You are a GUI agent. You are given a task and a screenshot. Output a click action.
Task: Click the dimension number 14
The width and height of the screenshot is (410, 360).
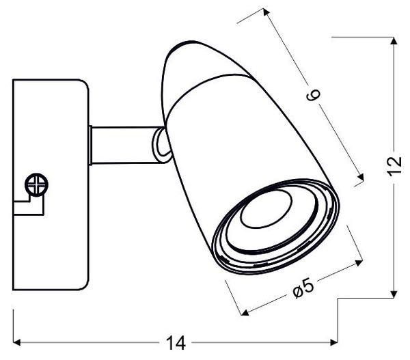point(176,343)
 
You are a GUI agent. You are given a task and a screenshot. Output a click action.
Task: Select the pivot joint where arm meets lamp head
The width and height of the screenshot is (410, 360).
point(160,146)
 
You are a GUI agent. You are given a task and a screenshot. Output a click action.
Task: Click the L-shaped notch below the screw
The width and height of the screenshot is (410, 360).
point(27,204)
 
